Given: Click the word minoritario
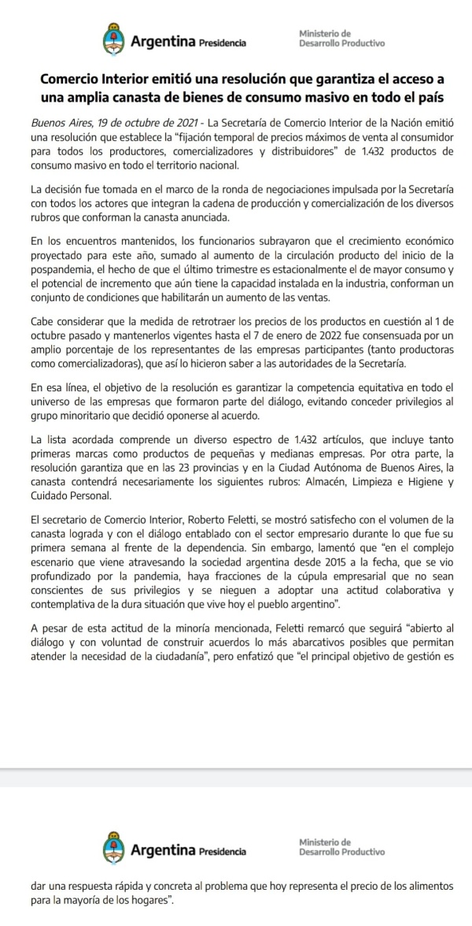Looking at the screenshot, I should coord(87,414).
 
